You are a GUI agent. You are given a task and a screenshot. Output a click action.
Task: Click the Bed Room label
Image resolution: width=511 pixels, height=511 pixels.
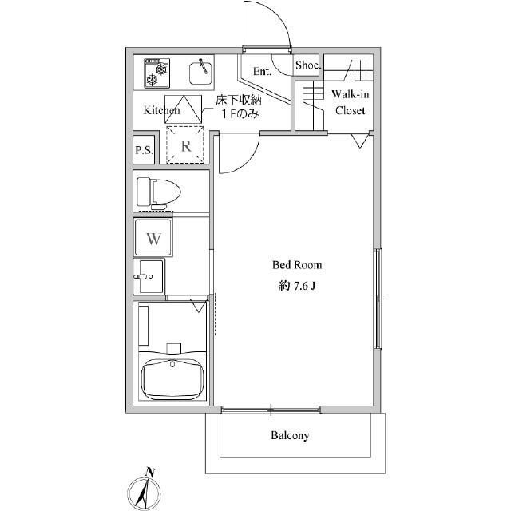[x=297, y=265]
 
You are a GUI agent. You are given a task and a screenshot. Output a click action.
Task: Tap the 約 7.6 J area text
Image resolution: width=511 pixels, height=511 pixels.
[x=297, y=286]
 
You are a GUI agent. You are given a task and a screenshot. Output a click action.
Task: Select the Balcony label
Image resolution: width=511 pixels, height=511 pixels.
[x=290, y=435]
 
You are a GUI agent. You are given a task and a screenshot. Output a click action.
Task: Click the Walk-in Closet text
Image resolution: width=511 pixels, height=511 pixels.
[x=351, y=102]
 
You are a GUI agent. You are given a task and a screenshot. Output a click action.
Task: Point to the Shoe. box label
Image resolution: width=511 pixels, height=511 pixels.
[x=308, y=65]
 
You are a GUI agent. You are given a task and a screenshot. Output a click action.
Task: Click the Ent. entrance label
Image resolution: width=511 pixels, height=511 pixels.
[x=263, y=71]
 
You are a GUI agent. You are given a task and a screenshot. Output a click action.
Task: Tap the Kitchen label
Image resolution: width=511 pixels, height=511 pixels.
[x=161, y=110]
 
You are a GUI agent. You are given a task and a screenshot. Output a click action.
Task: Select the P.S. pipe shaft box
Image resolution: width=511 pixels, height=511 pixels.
[x=144, y=150]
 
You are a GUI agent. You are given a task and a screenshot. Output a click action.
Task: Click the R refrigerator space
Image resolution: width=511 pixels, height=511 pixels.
[x=185, y=145]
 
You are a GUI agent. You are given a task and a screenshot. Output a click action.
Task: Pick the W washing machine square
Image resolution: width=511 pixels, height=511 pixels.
[x=153, y=238]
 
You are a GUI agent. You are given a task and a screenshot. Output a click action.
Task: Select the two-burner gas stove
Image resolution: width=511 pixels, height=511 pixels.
[x=156, y=73]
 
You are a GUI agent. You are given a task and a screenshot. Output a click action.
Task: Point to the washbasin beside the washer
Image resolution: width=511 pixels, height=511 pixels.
[x=149, y=276]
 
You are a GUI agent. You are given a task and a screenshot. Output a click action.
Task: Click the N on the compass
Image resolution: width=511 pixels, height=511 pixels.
[x=150, y=472]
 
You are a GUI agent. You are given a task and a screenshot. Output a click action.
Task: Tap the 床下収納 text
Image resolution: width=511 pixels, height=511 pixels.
[x=239, y=100]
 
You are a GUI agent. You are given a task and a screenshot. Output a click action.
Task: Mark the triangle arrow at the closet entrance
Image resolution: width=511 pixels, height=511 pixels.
[x=360, y=141]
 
